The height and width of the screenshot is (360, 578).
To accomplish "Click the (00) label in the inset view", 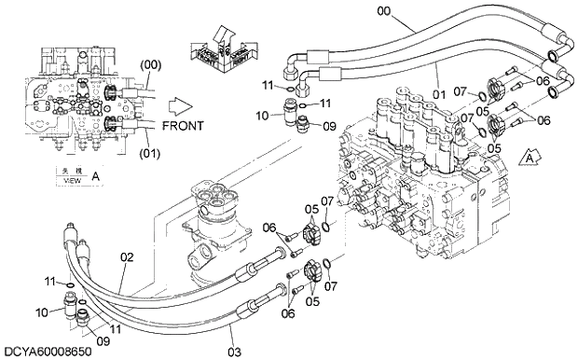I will (x=152, y=65).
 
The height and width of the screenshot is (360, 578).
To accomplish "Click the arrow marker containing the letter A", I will (x=530, y=157).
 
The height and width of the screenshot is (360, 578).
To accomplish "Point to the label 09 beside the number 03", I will (x=103, y=340).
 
